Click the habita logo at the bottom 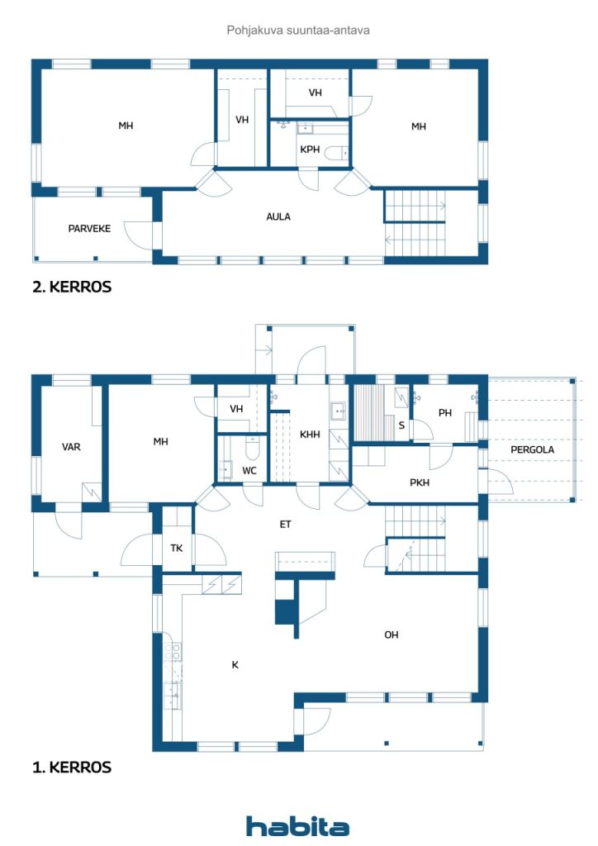pyautogui.click(x=297, y=826)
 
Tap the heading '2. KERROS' pyautogui.click(x=71, y=288)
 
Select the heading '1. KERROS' pyautogui.click(x=71, y=767)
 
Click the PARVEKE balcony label pyautogui.click(x=89, y=228)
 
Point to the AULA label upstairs pyautogui.click(x=278, y=216)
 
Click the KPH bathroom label pyautogui.click(x=310, y=150)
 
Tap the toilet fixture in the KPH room pyautogui.click(x=336, y=153)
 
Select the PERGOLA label pyautogui.click(x=532, y=449)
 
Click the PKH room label pyautogui.click(x=420, y=482)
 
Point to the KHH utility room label pyautogui.click(x=310, y=435)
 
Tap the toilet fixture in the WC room pyautogui.click(x=253, y=446)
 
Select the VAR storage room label pyautogui.click(x=71, y=447)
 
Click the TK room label pyautogui.click(x=177, y=548)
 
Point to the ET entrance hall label pyautogui.click(x=285, y=524)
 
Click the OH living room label pyautogui.click(x=392, y=634)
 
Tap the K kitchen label pyautogui.click(x=235, y=663)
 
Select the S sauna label pyautogui.click(x=401, y=426)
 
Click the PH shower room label pyautogui.click(x=445, y=413)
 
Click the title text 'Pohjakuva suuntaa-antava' pyautogui.click(x=297, y=31)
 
